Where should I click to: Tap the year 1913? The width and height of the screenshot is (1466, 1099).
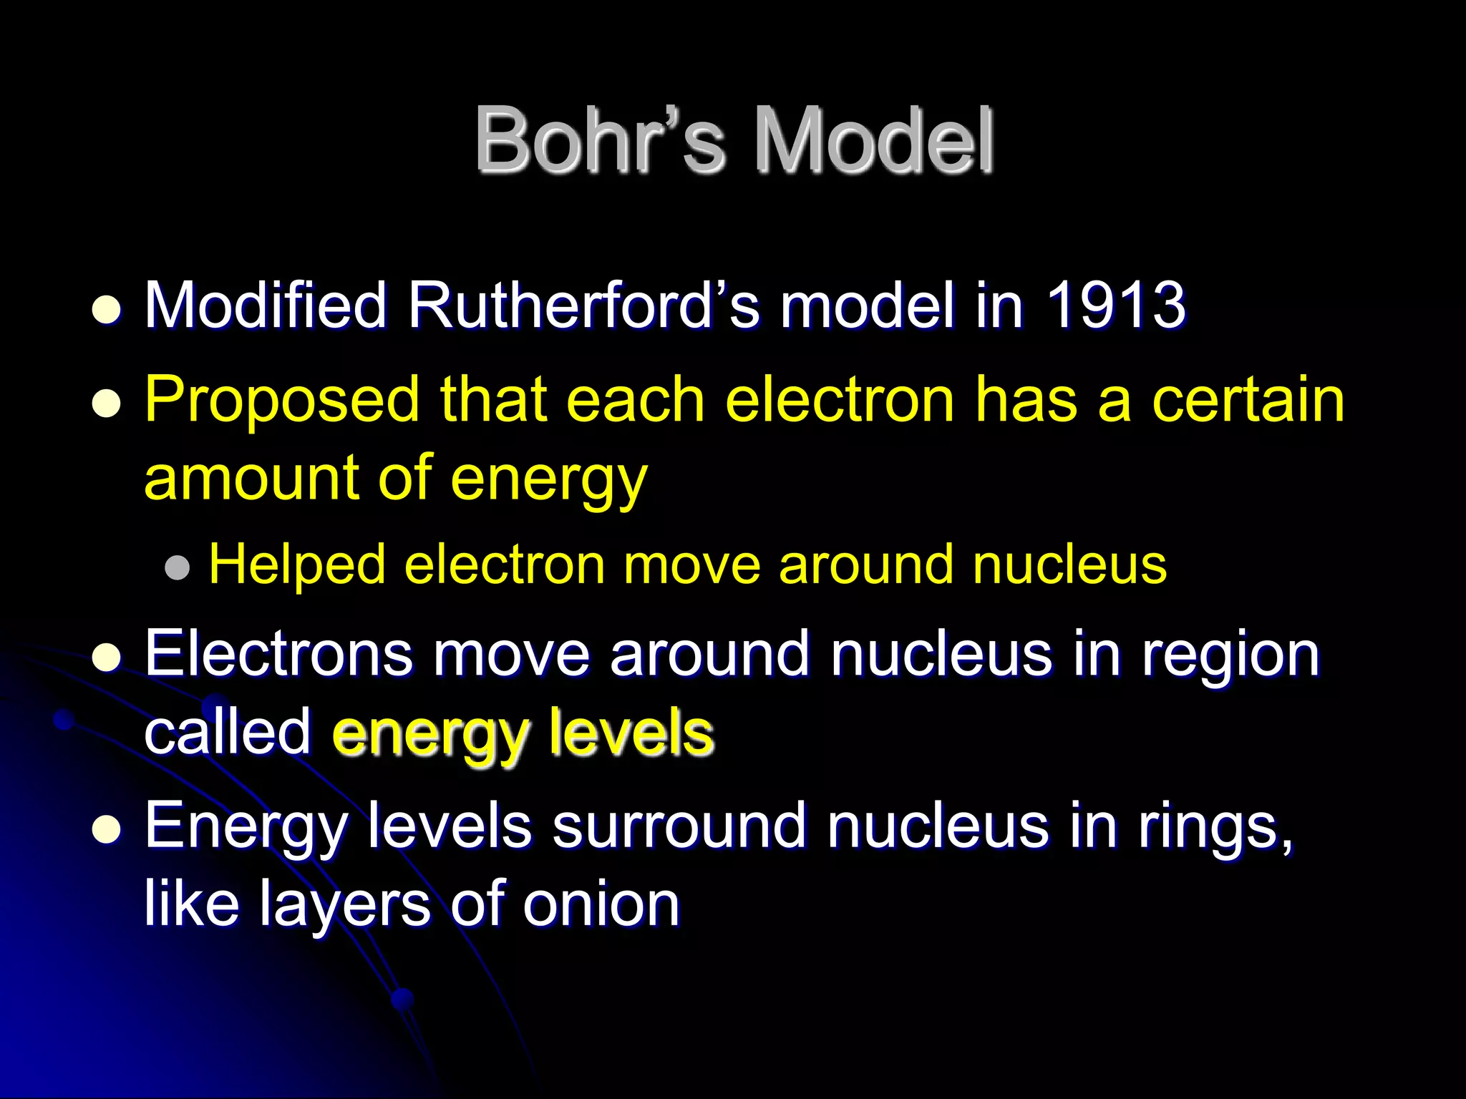[1115, 306]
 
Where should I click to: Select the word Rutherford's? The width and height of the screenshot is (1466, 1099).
[583, 306]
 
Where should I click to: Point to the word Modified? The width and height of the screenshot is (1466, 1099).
[266, 306]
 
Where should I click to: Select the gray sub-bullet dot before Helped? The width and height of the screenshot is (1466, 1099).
[177, 568]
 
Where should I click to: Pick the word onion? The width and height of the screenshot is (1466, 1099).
[601, 904]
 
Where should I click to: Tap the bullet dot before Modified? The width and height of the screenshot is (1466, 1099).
[107, 311]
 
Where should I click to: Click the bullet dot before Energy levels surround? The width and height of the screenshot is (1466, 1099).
[107, 830]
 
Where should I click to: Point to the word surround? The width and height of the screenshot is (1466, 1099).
[679, 826]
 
